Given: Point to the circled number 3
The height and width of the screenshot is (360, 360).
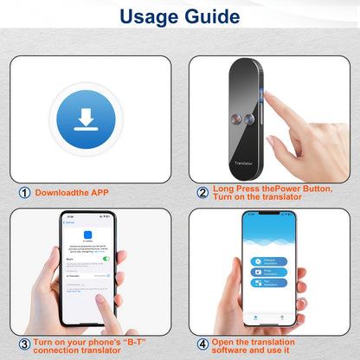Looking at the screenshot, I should click(23, 344).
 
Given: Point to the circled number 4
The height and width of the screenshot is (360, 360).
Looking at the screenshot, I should click(203, 344).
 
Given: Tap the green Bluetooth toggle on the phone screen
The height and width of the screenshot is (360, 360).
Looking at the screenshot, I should click(106, 258).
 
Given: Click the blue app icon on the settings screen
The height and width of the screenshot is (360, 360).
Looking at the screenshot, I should click(87, 235).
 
